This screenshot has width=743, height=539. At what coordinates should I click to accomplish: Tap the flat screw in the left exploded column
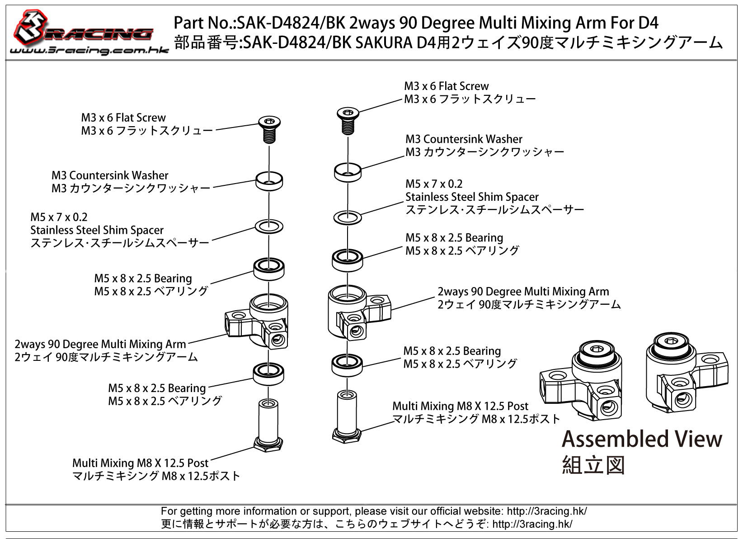tap(269, 129)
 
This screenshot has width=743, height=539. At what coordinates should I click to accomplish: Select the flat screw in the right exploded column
tap(348, 121)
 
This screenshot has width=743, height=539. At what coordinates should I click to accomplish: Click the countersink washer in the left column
tap(269, 181)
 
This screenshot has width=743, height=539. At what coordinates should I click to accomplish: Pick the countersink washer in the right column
tap(348, 172)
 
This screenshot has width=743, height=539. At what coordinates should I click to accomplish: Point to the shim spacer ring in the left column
tap(269, 227)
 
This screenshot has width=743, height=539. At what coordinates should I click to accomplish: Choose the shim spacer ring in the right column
tap(348, 217)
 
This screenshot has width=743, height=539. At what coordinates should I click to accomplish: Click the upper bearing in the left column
tap(269, 269)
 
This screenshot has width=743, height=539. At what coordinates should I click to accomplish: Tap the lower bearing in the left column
tap(268, 374)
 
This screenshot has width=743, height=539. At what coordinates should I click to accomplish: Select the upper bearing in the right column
tap(348, 260)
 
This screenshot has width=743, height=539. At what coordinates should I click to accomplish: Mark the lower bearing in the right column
tap(347, 365)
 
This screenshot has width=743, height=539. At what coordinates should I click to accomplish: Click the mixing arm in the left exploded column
tap(257, 322)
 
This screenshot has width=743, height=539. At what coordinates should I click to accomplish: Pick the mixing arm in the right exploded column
tap(359, 313)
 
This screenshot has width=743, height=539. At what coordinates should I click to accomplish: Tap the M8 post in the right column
tap(347, 416)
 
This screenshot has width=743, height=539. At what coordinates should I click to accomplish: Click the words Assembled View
tap(642, 439)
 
